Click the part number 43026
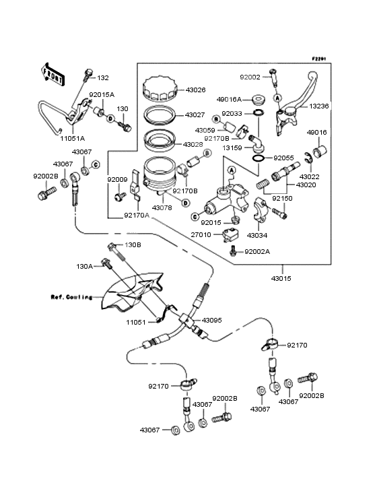[x=195, y=90]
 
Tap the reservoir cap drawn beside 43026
[x=160, y=90]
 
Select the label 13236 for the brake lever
[x=319, y=106]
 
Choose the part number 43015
[x=281, y=278]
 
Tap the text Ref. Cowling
[x=71, y=297]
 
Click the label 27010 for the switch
[x=201, y=235]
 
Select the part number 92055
[x=283, y=158]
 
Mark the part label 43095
[x=212, y=320]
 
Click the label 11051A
[x=73, y=138]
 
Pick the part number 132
[x=103, y=78]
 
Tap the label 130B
[x=133, y=244]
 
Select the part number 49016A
[x=229, y=100]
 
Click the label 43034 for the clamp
[x=257, y=235]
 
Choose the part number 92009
[x=118, y=180]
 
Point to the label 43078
[x=162, y=208]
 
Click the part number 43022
[x=309, y=176]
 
